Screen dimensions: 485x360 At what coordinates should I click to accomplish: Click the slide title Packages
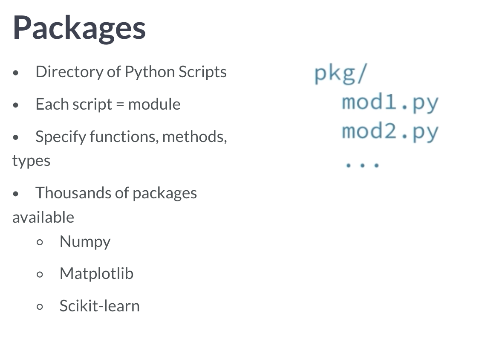(x=79, y=28)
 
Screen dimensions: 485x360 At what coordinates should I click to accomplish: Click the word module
(x=154, y=104)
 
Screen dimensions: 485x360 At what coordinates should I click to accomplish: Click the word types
(x=31, y=161)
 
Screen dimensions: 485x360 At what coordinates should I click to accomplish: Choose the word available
(x=43, y=217)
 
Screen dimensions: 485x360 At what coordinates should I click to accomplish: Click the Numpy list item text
(x=85, y=242)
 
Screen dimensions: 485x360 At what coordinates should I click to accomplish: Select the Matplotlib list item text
(x=96, y=273)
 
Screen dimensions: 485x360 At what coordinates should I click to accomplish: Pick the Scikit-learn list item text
(x=99, y=306)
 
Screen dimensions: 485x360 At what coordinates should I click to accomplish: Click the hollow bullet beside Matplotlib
(x=40, y=274)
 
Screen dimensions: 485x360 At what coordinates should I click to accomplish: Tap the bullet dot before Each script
(x=16, y=105)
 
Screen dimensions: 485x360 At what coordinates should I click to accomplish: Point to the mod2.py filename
(x=390, y=132)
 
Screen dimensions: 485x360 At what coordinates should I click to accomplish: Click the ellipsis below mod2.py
(x=362, y=164)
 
